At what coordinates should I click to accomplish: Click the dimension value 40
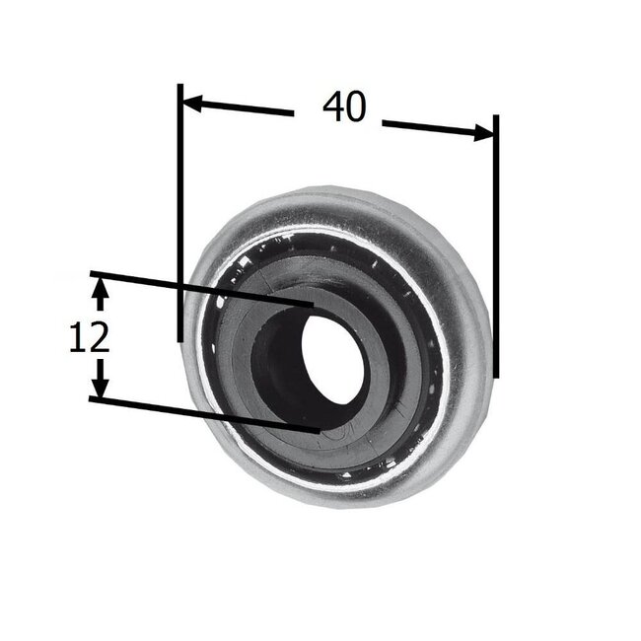click(x=344, y=107)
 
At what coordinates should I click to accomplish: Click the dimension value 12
click(x=90, y=338)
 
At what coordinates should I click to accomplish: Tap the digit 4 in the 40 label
click(x=332, y=107)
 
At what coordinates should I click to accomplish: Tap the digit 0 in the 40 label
click(x=356, y=107)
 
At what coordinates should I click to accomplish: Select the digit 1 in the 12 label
click(x=78, y=338)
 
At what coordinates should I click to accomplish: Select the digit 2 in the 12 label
click(x=99, y=338)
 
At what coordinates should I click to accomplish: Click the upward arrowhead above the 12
click(x=100, y=288)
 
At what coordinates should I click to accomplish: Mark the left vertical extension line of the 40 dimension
click(x=180, y=217)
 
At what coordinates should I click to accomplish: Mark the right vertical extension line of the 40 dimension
click(x=495, y=247)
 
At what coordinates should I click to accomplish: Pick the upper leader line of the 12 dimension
click(x=197, y=288)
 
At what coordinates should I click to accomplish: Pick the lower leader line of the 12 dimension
click(x=197, y=413)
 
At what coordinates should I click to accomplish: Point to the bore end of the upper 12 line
click(x=314, y=306)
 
